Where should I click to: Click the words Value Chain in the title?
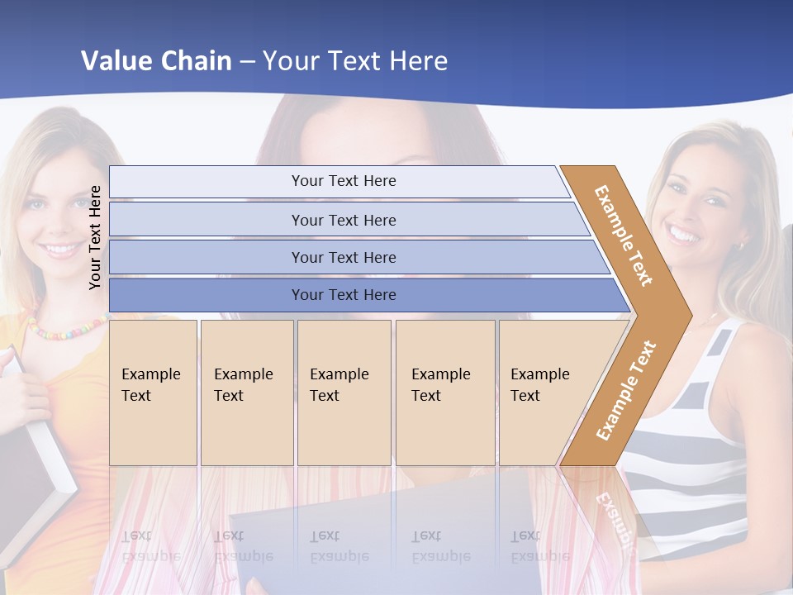tap(156, 61)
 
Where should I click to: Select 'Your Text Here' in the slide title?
tap(355, 61)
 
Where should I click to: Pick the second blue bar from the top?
tap(343, 220)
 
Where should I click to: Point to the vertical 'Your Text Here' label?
tap(95, 237)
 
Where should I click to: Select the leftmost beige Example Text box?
tap(153, 392)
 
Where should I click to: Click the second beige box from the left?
tap(247, 392)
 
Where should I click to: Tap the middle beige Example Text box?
tap(344, 392)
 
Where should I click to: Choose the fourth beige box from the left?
tap(445, 392)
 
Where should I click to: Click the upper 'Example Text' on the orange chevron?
tap(623, 236)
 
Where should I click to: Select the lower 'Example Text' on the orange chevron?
tap(625, 390)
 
